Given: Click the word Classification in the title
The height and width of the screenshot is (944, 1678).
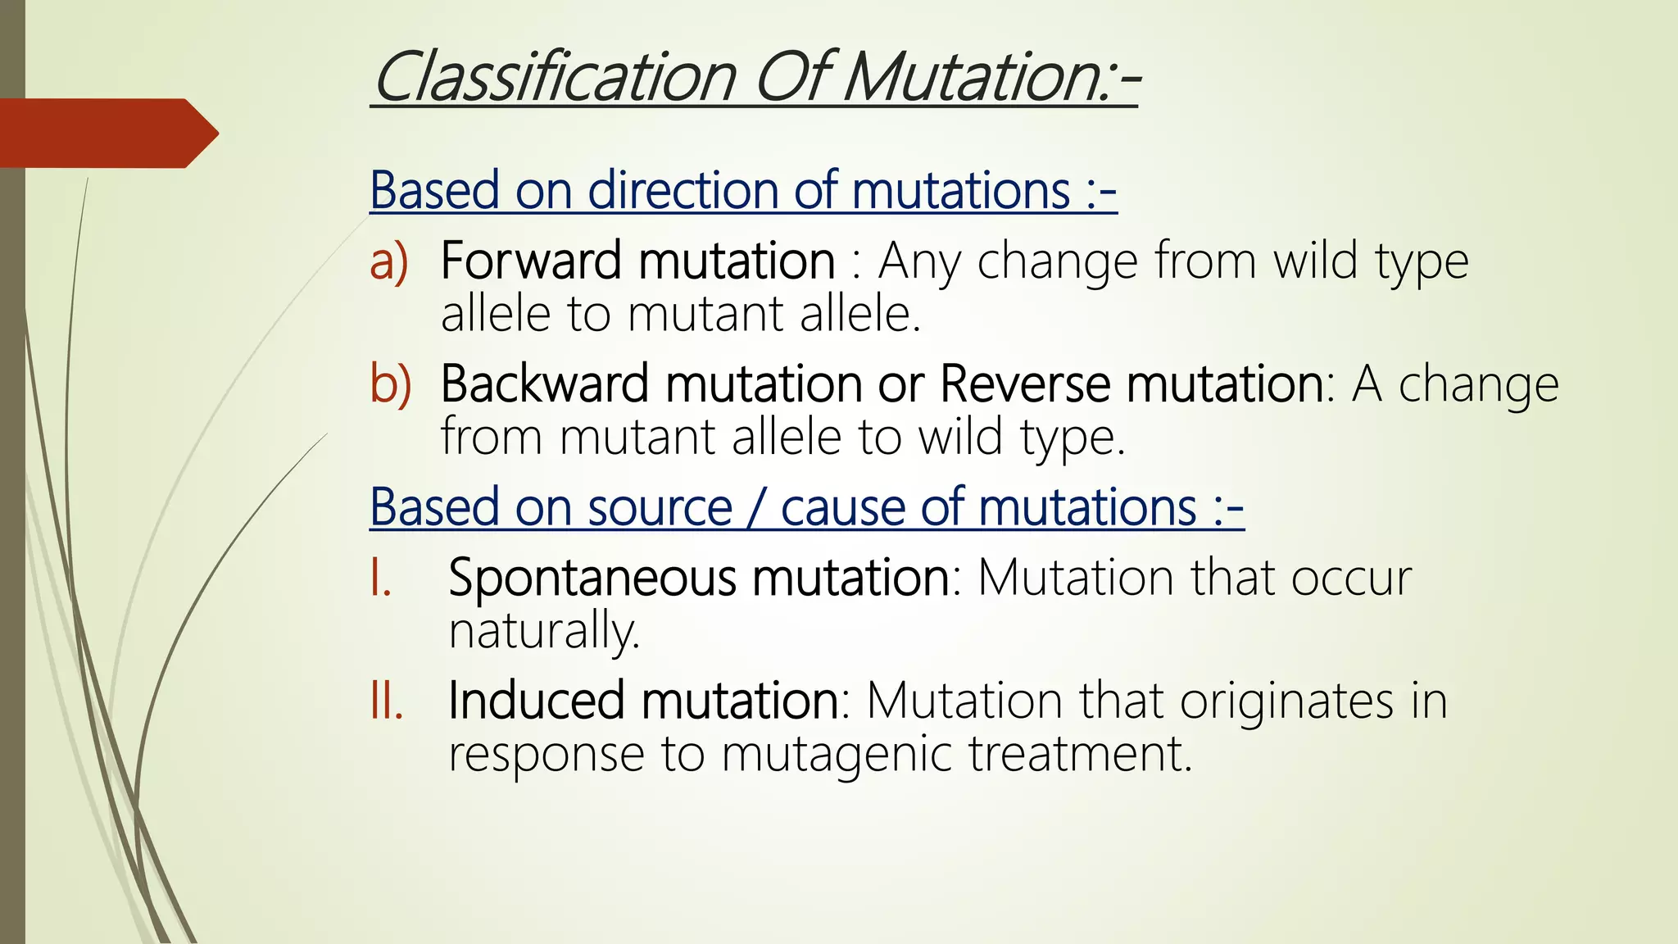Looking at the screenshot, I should tap(555, 78).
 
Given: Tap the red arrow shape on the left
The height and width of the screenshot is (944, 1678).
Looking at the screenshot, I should tap(107, 134).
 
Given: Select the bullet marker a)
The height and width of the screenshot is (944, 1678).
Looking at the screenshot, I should tap(388, 262).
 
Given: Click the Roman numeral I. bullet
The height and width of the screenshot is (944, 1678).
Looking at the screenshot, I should tap(380, 579).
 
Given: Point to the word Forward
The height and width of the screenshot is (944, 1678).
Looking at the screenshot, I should tap(531, 261).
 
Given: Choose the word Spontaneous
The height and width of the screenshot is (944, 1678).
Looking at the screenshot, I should tap(592, 579).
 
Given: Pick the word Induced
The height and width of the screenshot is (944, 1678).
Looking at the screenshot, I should tap(536, 701).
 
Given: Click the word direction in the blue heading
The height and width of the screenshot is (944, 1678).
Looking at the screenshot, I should tap(682, 191).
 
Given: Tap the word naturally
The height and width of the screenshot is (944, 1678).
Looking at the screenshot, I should tap(544, 631).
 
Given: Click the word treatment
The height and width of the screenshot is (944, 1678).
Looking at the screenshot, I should tap(1080, 754).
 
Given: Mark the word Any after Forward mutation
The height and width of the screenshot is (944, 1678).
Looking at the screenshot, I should tap(919, 262).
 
